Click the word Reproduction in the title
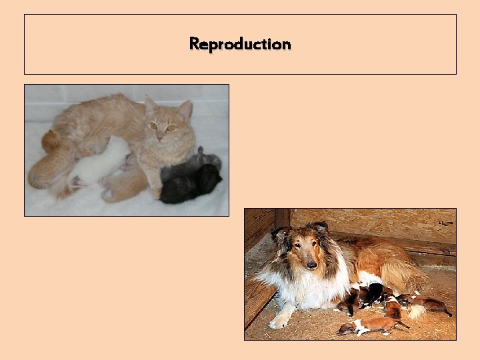(240, 44)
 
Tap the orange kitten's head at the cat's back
(50, 140)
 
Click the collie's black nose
(311, 265)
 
